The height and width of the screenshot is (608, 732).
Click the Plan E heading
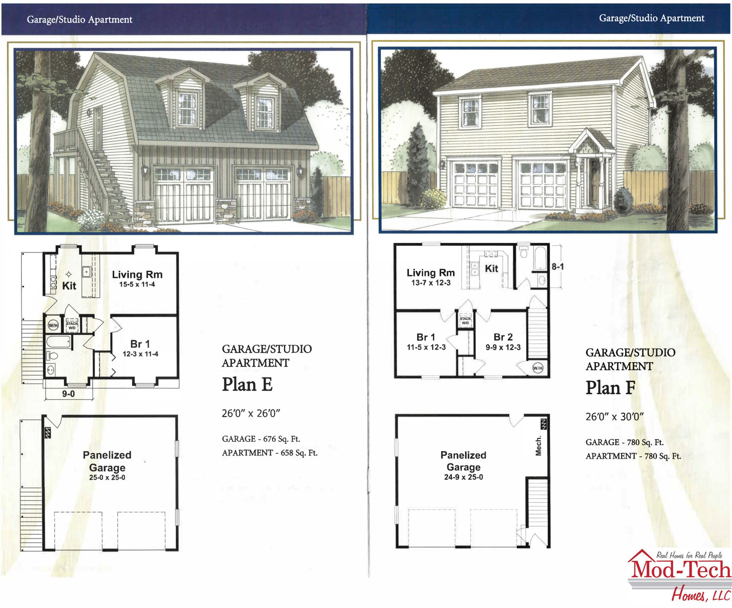coord(247,385)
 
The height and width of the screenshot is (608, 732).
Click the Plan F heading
coord(610,388)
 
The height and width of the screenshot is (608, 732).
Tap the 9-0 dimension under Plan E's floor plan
coord(68,394)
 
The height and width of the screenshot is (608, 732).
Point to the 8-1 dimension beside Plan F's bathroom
coord(558,267)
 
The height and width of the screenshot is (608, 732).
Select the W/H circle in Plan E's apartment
coord(53,325)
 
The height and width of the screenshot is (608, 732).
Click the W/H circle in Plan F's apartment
coord(538,368)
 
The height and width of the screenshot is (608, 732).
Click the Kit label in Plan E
coord(69,286)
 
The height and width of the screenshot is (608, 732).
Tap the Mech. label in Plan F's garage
coord(538,446)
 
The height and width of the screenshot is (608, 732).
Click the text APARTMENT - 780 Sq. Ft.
coord(633,456)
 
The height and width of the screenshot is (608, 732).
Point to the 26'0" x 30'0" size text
coord(614,417)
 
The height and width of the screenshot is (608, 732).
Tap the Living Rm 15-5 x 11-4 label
coord(137,278)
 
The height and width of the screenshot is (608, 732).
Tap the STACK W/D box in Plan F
coord(465,321)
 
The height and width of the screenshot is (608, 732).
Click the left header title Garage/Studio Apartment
coord(79,19)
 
